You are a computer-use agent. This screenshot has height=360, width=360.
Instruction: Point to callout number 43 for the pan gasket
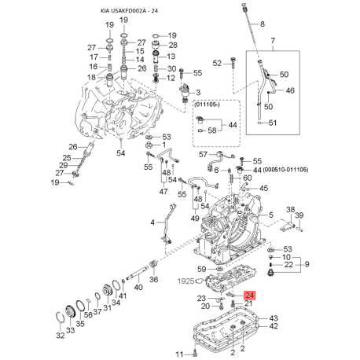pyautogui.click(x=273, y=318)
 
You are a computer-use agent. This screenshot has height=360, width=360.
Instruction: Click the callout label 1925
pyautogui.click(x=185, y=280)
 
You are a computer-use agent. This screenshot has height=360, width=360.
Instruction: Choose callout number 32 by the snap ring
pyautogui.click(x=60, y=336)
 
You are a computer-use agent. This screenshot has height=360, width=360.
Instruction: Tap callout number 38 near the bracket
pyautogui.click(x=289, y=211)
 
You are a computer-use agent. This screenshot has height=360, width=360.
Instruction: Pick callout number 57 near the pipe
pyautogui.click(x=203, y=155)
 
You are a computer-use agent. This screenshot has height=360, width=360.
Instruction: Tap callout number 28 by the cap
pyautogui.click(x=173, y=46)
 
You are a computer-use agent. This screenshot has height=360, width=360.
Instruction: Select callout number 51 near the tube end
pyautogui.click(x=273, y=123)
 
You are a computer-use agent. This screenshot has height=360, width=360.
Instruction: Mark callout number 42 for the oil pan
pyautogui.click(x=273, y=328)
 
